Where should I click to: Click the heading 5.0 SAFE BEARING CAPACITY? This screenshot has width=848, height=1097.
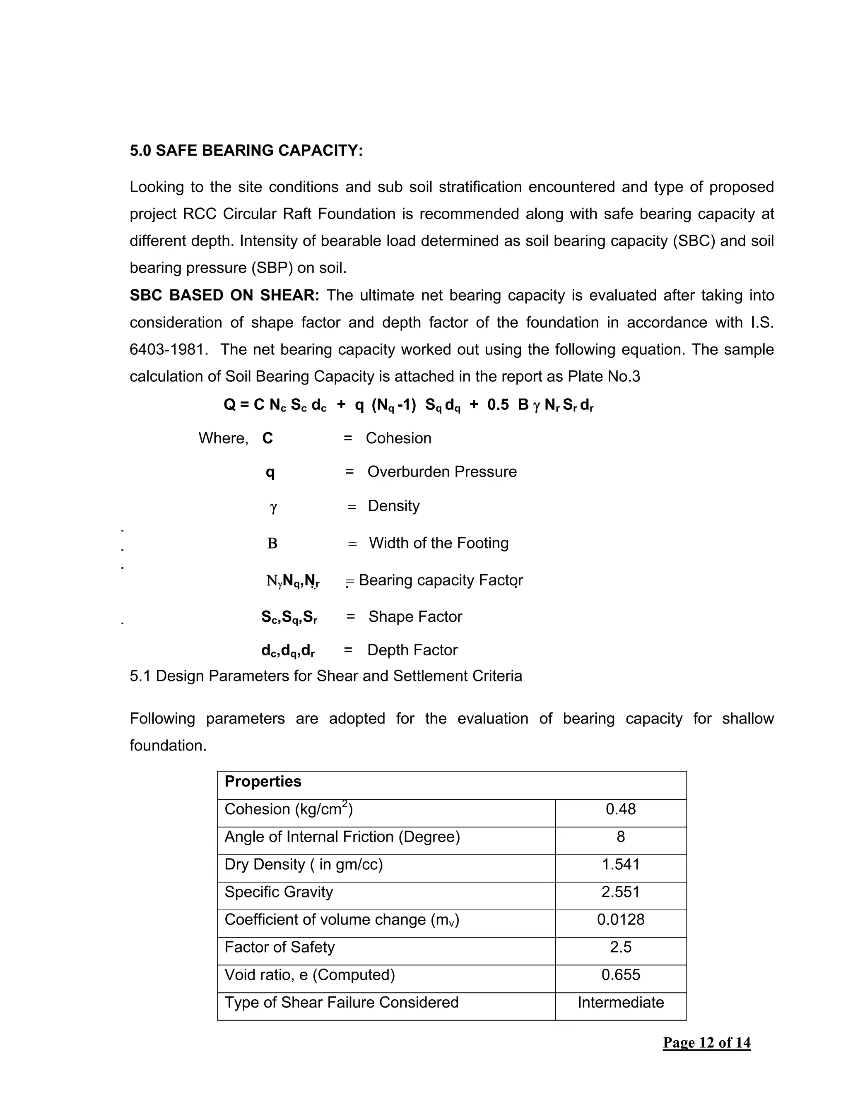(x=246, y=150)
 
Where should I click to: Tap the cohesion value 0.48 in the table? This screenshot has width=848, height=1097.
(x=620, y=809)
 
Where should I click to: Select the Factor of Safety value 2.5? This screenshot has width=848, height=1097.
(x=620, y=947)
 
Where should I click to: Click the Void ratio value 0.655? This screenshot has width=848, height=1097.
(x=620, y=975)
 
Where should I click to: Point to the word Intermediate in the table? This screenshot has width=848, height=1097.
(x=620, y=1003)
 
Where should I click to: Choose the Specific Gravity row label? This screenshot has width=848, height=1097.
(x=279, y=892)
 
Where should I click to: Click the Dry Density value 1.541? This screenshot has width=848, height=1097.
(x=620, y=864)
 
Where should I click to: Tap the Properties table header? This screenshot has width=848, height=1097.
(x=263, y=782)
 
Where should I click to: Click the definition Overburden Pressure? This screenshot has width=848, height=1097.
(x=442, y=472)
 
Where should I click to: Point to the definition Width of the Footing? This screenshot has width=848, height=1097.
(x=438, y=543)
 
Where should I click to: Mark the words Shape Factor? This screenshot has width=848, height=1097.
(x=415, y=616)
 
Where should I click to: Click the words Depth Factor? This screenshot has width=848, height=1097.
(x=412, y=650)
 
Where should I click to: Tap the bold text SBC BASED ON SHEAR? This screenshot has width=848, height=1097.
(x=224, y=295)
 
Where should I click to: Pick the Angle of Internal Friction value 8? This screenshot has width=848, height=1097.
(x=620, y=837)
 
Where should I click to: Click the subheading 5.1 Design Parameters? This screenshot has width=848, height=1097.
(x=325, y=676)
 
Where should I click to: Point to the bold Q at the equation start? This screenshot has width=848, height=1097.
(x=229, y=404)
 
